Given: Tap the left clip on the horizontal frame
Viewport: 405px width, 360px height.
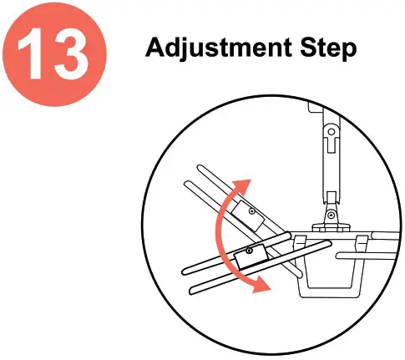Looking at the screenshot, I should (301, 242).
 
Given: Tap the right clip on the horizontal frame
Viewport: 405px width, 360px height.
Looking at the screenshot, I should (361, 242).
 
